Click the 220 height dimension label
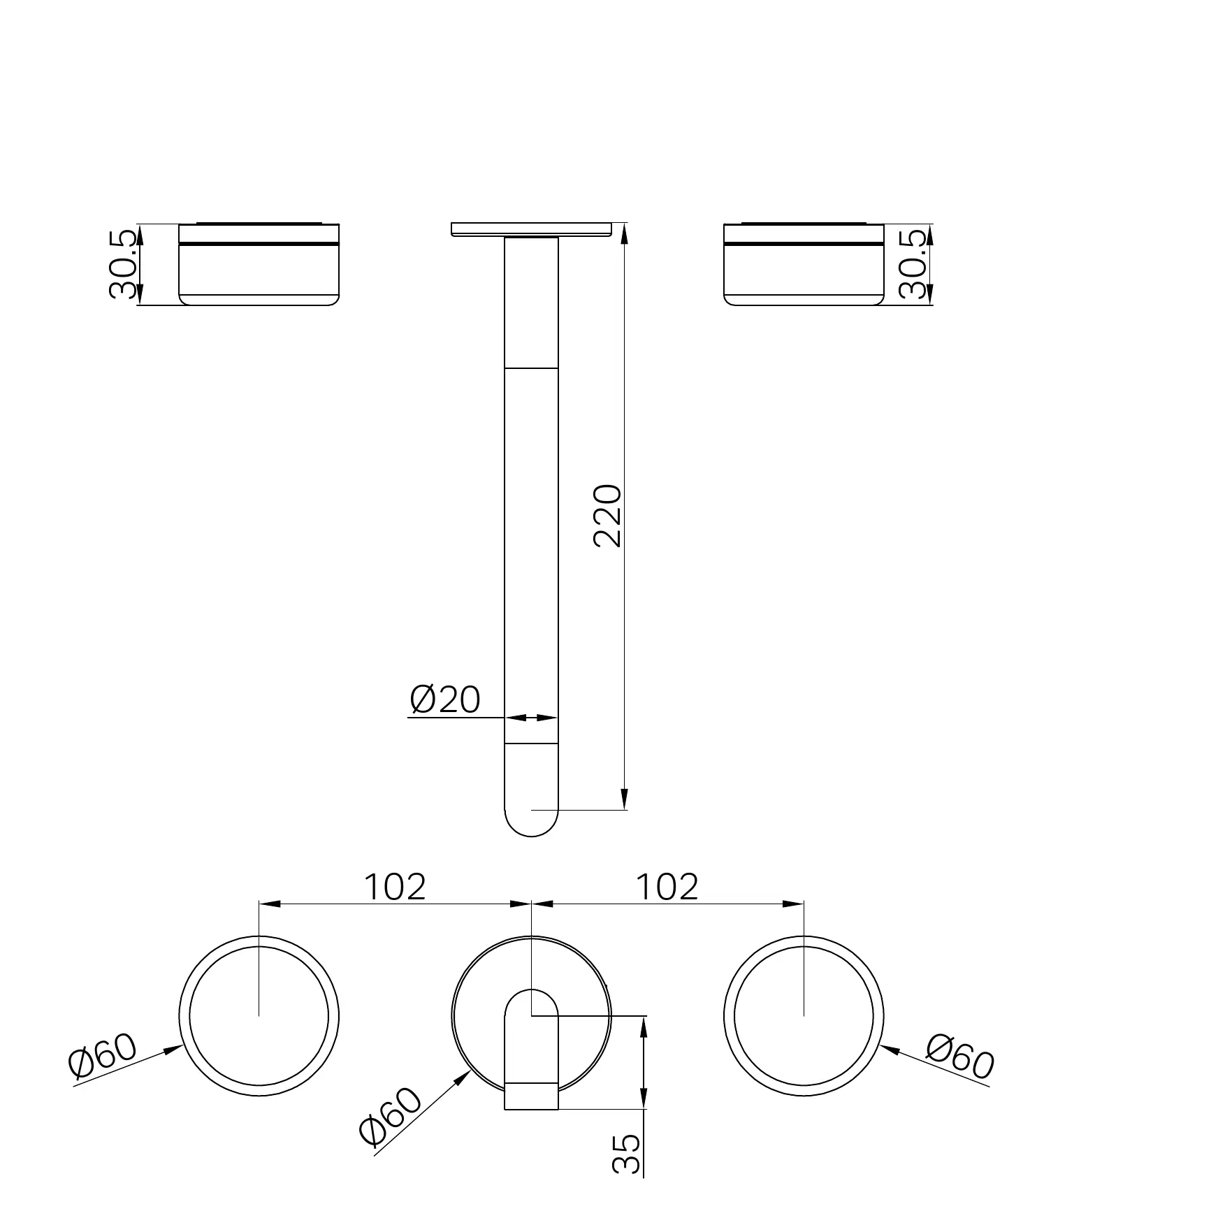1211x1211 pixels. [x=606, y=516]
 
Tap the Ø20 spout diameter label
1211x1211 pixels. [x=445, y=699]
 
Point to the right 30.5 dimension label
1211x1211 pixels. [x=914, y=265]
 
